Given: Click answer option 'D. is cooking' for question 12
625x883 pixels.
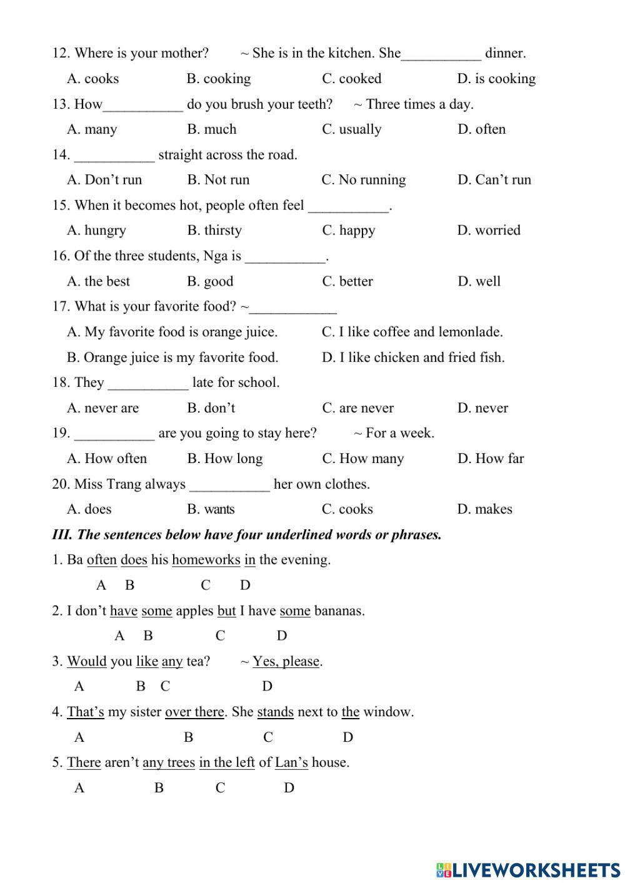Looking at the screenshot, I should (x=496, y=79).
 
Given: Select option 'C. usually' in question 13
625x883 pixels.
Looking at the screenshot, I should (x=351, y=129).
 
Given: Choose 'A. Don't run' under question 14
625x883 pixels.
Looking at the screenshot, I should (x=104, y=180).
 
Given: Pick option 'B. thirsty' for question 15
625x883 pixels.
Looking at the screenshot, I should (x=214, y=231).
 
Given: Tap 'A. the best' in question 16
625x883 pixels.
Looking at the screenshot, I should (x=98, y=281).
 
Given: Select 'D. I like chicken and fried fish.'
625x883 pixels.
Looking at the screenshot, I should (x=412, y=357).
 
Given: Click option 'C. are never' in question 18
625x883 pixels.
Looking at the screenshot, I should (x=357, y=408).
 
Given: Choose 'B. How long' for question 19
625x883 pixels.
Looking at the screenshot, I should (x=224, y=459).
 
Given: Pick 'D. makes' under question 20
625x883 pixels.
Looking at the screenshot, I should (x=484, y=509).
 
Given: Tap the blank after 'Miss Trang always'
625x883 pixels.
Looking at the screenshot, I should (x=229, y=486).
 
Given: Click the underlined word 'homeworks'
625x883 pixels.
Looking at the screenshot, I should (x=206, y=560).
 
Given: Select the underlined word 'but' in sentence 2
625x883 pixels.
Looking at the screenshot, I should (x=226, y=611).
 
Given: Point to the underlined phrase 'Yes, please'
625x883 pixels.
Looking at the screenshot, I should (x=286, y=661).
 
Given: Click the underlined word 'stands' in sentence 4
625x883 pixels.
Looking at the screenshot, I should (x=275, y=712).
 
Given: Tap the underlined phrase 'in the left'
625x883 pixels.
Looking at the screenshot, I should (x=227, y=762).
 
